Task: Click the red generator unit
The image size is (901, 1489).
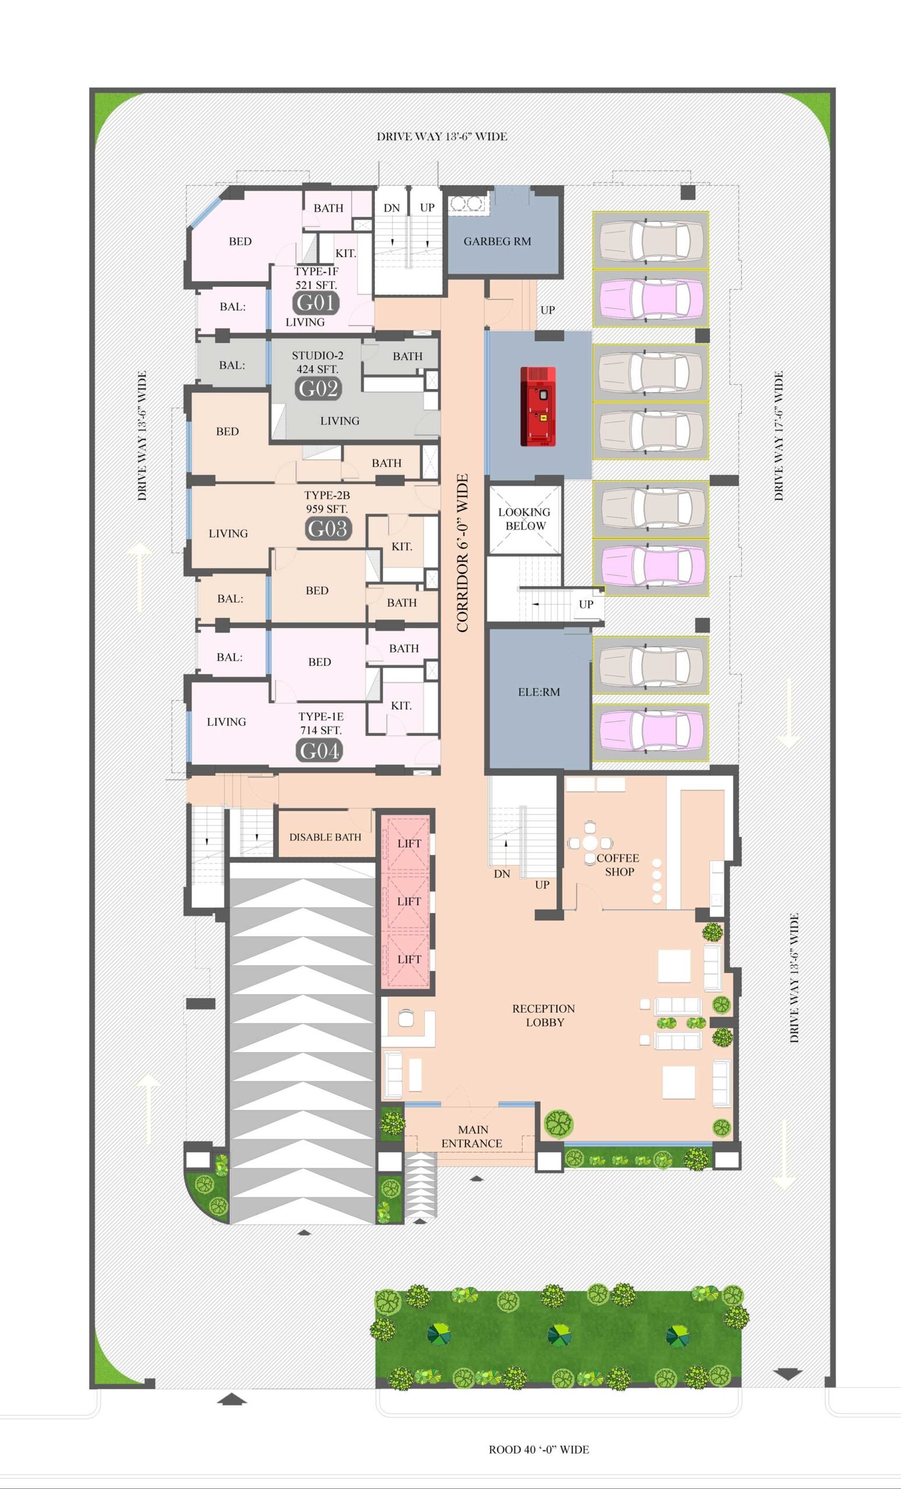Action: pyautogui.click(x=538, y=406)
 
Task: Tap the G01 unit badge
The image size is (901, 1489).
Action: pyautogui.click(x=315, y=302)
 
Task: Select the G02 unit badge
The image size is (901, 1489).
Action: pyautogui.click(x=318, y=388)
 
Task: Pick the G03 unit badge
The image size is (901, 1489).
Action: pyautogui.click(x=328, y=529)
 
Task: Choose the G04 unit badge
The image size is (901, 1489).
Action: pyautogui.click(x=320, y=751)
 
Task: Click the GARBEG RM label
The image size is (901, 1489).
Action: pyautogui.click(x=497, y=241)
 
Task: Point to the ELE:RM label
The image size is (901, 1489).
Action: pyautogui.click(x=539, y=692)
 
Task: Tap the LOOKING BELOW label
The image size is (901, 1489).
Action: pyautogui.click(x=524, y=518)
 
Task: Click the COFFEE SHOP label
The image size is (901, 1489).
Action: pyautogui.click(x=618, y=865)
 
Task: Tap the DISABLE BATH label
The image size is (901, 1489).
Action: pyautogui.click(x=325, y=837)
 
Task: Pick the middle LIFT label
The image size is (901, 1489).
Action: pyautogui.click(x=409, y=901)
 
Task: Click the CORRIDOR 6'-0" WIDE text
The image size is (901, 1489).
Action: pyautogui.click(x=463, y=553)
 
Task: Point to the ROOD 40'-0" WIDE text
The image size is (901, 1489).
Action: pyautogui.click(x=539, y=1449)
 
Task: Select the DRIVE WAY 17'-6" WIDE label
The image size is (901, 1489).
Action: pyautogui.click(x=779, y=436)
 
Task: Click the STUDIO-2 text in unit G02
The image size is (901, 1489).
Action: pyautogui.click(x=317, y=355)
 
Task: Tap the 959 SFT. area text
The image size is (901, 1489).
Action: pyautogui.click(x=327, y=509)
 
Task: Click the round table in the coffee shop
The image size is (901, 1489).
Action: pyautogui.click(x=590, y=843)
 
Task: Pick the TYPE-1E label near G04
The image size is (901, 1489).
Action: pyautogui.click(x=321, y=716)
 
